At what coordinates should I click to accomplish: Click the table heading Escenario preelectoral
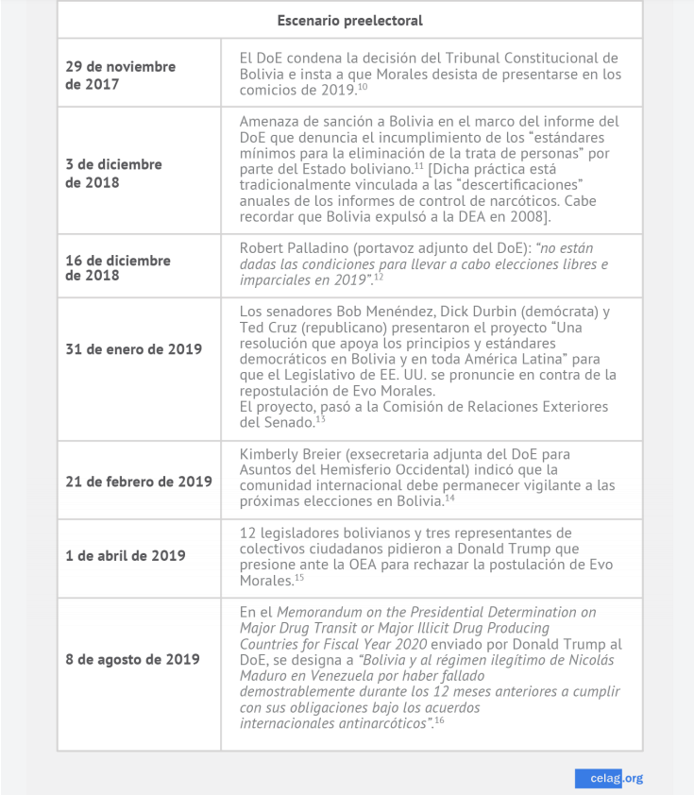tap(349, 20)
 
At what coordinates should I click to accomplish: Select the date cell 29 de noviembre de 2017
tap(120, 75)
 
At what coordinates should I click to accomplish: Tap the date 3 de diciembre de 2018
tap(113, 173)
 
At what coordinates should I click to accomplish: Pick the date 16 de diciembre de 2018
tap(117, 267)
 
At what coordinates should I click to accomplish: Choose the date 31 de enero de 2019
tap(133, 349)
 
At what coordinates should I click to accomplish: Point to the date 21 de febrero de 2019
tap(139, 482)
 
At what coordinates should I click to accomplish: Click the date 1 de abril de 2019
tap(126, 555)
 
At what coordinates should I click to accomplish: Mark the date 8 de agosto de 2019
tap(132, 659)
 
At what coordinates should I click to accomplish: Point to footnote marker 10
tap(363, 87)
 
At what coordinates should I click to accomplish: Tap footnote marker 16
tap(439, 720)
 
